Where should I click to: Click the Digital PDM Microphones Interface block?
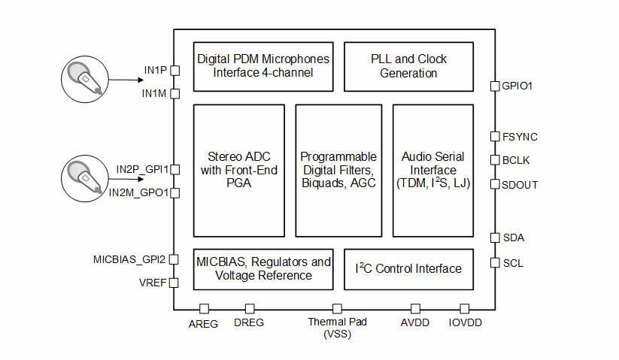[262, 66]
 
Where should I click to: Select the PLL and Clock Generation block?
[408, 66]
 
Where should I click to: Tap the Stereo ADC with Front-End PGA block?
[239, 170]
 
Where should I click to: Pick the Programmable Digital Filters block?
[338, 170]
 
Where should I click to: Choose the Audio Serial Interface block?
[432, 170]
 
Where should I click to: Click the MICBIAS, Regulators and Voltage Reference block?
[263, 269]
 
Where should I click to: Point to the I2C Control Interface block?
[408, 269]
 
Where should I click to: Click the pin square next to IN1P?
[174, 71]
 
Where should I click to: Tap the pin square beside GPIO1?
[495, 86]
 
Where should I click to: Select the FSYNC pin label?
[520, 137]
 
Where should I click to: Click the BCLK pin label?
[517, 160]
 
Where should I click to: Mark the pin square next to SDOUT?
[495, 184]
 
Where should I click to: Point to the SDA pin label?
[513, 237]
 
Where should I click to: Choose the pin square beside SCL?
[495, 263]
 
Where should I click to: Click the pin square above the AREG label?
[203, 309]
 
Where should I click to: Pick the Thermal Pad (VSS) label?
[336, 328]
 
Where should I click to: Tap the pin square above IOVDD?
[465, 309]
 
